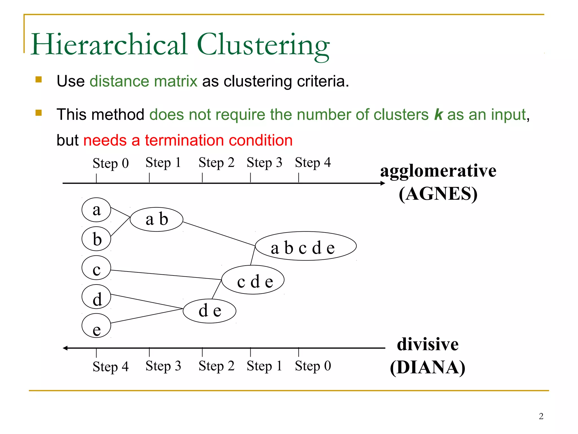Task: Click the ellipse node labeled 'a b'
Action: [x=156, y=220]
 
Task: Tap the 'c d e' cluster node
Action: [x=253, y=280]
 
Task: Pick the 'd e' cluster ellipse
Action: [x=209, y=311]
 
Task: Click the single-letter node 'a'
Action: [x=96, y=210]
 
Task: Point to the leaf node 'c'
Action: [x=96, y=268]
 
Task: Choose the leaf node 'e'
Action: [x=96, y=326]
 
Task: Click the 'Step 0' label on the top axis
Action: [x=111, y=163]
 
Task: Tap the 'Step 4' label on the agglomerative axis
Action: [x=313, y=163]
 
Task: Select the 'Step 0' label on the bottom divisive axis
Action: [x=313, y=366]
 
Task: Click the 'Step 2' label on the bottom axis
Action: [x=216, y=366]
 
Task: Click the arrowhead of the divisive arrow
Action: [x=65, y=348]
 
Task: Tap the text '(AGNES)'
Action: [x=438, y=194]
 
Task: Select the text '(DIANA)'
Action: [x=428, y=367]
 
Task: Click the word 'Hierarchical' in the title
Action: [x=109, y=44]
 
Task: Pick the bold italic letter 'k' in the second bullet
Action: [x=438, y=114]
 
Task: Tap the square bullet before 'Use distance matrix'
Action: [x=39, y=79]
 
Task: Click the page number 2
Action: [x=541, y=416]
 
